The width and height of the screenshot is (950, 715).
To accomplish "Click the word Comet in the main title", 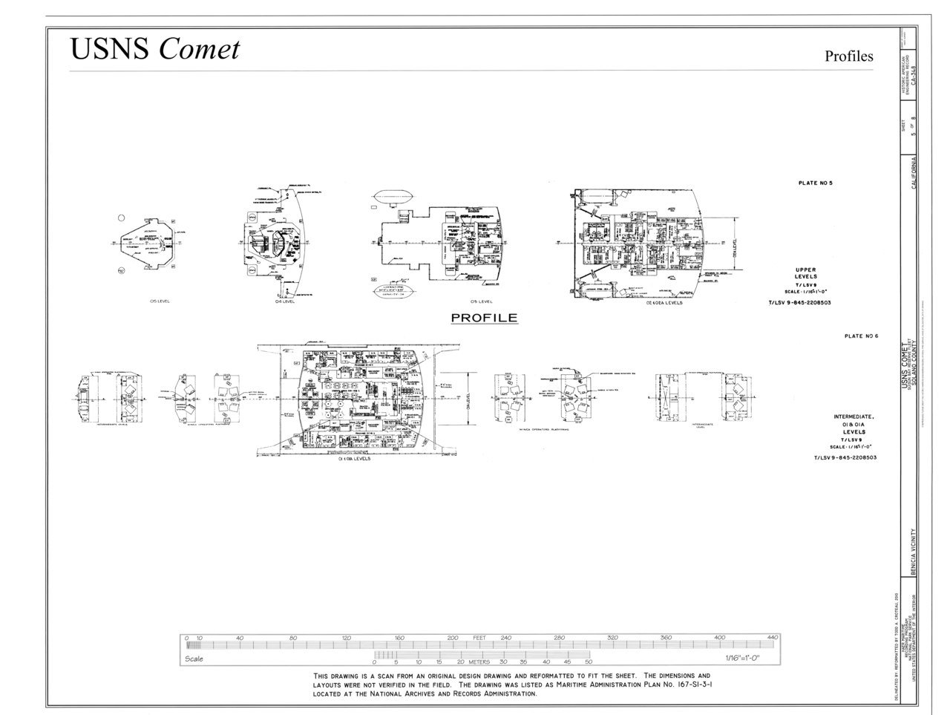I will [x=199, y=49].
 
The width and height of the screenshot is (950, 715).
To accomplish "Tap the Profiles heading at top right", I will [x=849, y=56].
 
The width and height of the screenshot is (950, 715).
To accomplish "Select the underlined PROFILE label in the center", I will [x=485, y=318].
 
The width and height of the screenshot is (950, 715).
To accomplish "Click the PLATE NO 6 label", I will [x=861, y=336].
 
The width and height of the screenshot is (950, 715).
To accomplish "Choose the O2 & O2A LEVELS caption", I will [x=664, y=302].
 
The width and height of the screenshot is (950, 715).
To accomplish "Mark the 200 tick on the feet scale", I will [x=453, y=638].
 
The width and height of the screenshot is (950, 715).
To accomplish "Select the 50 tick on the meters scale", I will [x=589, y=662].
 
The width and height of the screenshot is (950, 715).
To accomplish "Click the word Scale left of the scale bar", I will [x=194, y=659].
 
